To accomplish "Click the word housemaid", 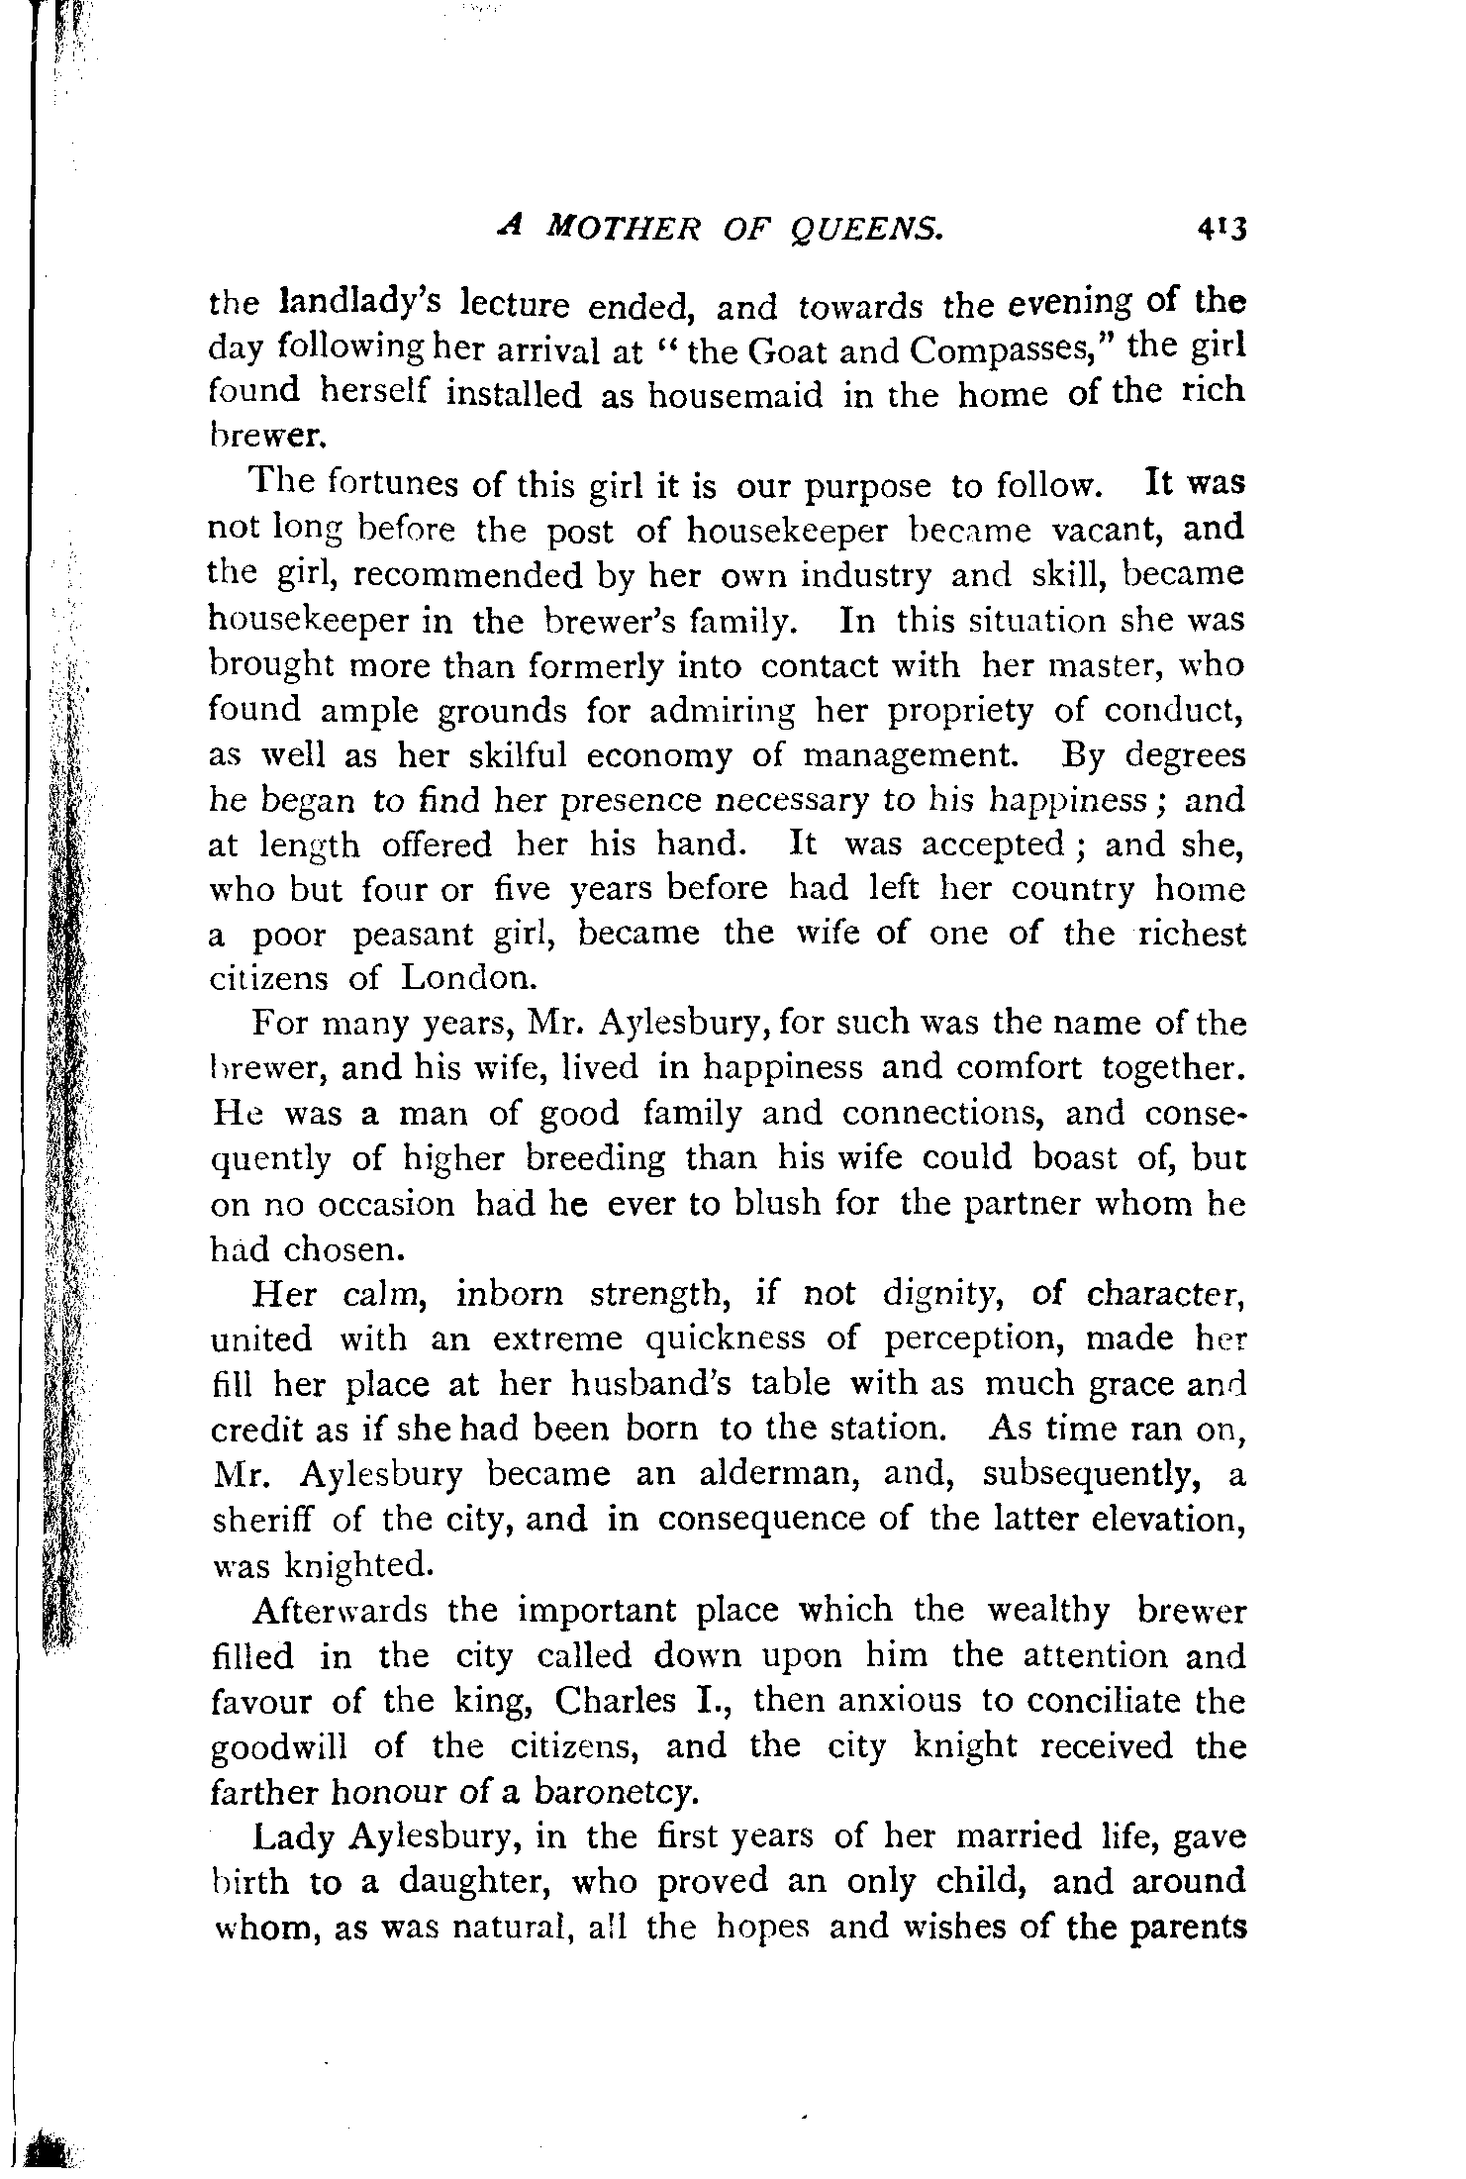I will tap(735, 394).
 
